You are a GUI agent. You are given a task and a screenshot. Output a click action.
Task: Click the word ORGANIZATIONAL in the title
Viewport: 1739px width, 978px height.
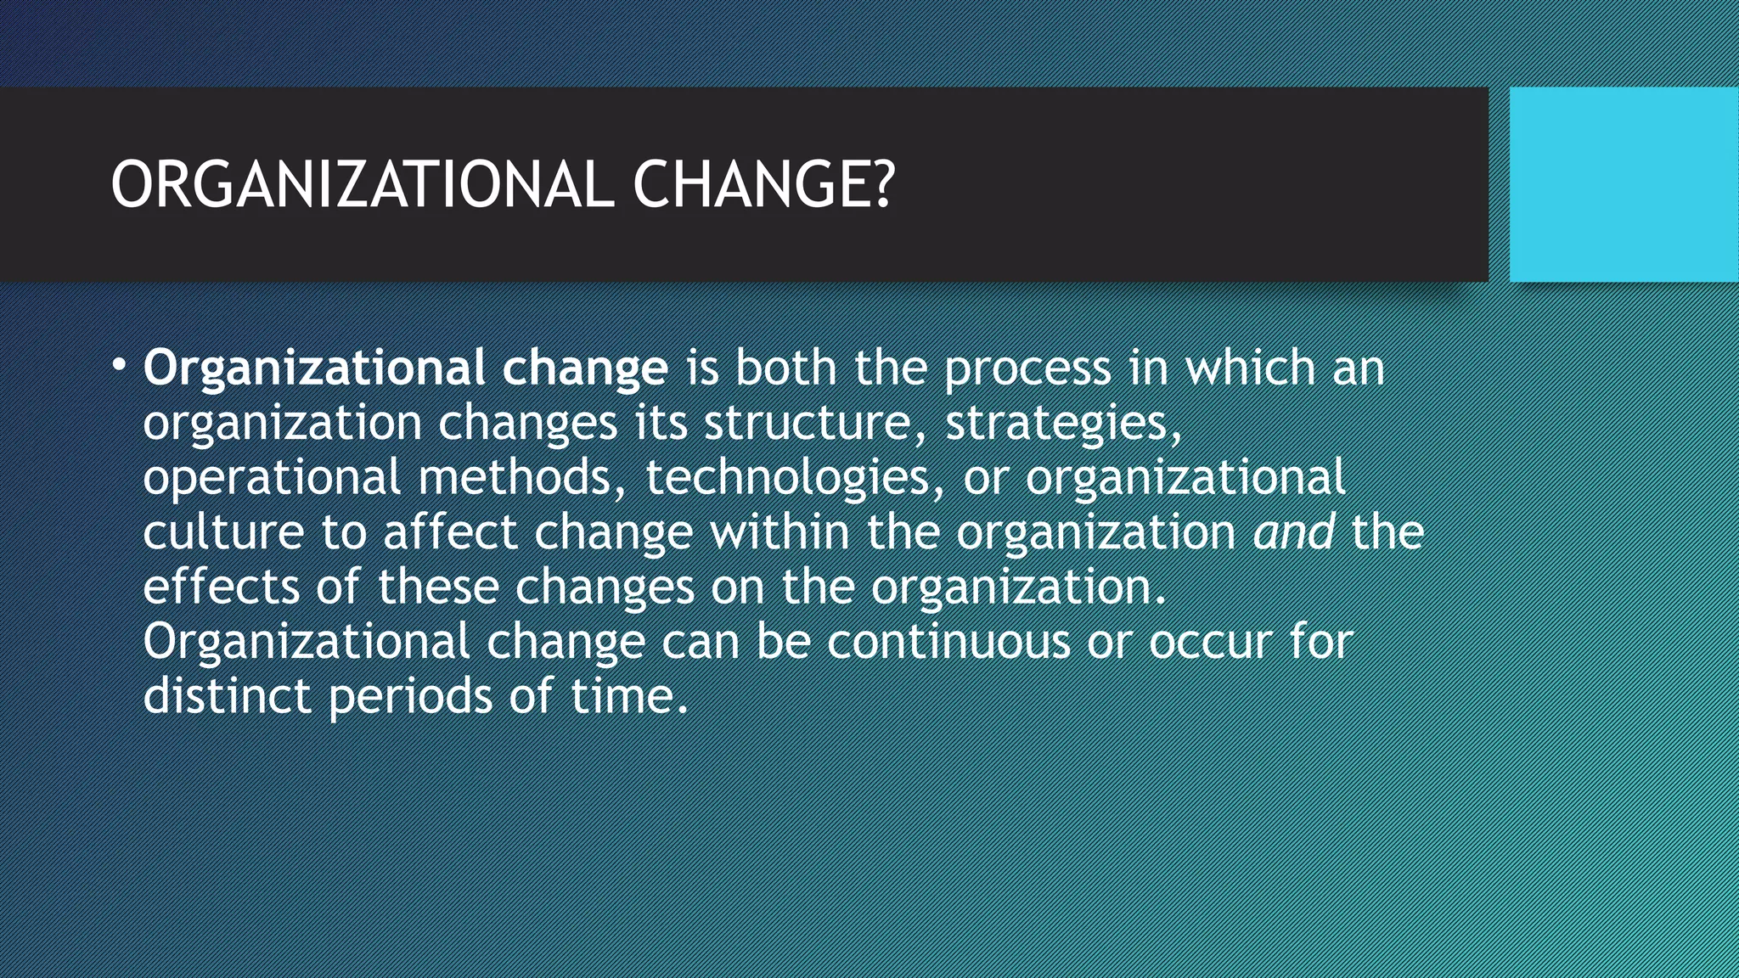pyautogui.click(x=362, y=185)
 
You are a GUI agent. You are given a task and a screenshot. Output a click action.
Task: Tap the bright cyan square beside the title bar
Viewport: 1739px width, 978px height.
pyautogui.click(x=1624, y=184)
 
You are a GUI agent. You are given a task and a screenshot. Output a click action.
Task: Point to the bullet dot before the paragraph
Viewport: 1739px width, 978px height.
pyautogui.click(x=119, y=366)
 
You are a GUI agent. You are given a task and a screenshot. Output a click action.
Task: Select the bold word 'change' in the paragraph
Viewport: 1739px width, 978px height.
pyautogui.click(x=584, y=368)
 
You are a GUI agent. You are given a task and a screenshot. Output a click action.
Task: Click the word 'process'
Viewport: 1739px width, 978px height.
pyautogui.click(x=1027, y=370)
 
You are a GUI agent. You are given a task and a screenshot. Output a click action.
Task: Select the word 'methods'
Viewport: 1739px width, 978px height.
pyautogui.click(x=514, y=477)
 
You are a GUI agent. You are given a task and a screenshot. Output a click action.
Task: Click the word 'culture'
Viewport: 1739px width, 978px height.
pyautogui.click(x=223, y=532)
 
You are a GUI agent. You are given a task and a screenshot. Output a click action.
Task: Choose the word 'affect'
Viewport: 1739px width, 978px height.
pyautogui.click(x=450, y=532)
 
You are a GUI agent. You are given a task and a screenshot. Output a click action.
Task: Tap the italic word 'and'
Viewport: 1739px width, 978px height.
pyautogui.click(x=1293, y=532)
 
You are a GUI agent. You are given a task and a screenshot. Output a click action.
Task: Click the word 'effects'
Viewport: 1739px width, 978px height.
pyautogui.click(x=221, y=587)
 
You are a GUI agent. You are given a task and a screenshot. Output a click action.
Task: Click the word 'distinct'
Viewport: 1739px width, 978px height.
pyautogui.click(x=227, y=696)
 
